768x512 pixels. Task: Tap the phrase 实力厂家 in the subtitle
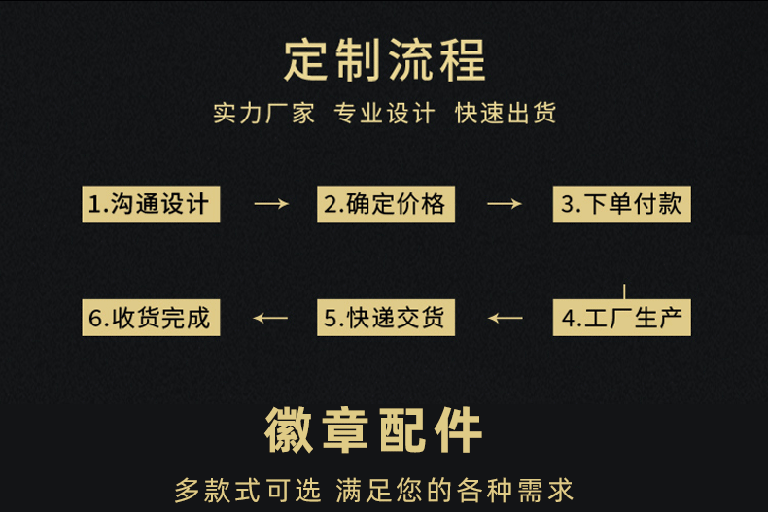264,114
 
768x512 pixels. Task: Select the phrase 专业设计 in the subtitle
384,114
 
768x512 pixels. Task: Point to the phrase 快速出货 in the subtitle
506,114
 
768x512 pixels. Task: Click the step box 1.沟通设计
150,204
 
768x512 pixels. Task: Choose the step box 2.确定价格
385,204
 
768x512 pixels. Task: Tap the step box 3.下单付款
622,204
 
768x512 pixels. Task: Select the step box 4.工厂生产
622,318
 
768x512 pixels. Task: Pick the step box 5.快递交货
385,318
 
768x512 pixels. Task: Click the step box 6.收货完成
150,318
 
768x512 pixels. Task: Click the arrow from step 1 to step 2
270,204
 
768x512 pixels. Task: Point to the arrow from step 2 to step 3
505,204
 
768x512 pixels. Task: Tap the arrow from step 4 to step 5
505,318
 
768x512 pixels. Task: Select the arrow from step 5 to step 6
270,318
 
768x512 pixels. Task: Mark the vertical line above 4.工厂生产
623,291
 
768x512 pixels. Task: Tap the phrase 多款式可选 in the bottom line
248,490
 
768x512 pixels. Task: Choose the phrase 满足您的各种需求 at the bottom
454,490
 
